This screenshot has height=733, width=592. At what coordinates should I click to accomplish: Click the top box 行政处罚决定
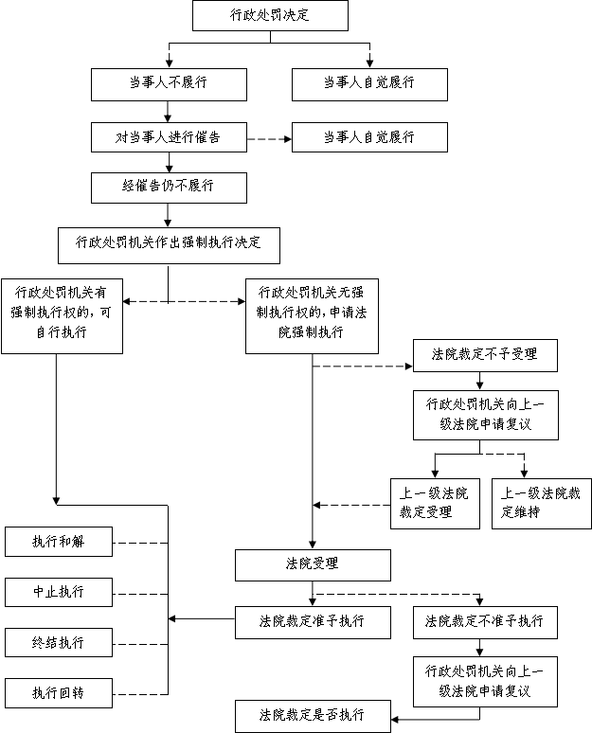(x=270, y=15)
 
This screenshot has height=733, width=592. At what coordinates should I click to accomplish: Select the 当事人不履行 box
(x=169, y=84)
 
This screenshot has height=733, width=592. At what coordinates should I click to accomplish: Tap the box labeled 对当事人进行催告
(x=169, y=137)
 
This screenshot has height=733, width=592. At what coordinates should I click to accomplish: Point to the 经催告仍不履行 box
(x=169, y=188)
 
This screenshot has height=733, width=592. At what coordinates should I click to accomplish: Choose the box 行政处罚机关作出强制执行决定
(x=169, y=245)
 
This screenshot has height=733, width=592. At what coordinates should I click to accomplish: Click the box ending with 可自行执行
(x=63, y=316)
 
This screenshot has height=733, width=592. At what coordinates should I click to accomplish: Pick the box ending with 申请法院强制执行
(x=312, y=316)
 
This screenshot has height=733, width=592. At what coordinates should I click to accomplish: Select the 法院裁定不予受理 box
(x=485, y=355)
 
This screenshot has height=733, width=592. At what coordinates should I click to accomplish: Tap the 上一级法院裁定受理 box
(x=436, y=504)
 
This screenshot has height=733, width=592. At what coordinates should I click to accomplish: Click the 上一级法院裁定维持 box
(x=542, y=504)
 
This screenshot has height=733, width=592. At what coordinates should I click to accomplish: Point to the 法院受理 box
(x=313, y=565)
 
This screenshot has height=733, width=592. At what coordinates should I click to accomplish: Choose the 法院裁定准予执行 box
(x=313, y=623)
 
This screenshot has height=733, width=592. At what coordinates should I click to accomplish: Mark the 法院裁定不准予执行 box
(x=485, y=623)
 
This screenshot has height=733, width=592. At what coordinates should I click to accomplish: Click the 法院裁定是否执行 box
(x=313, y=716)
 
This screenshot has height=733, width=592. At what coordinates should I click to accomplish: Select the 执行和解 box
(x=59, y=542)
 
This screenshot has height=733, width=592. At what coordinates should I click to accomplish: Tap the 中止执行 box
(x=59, y=592)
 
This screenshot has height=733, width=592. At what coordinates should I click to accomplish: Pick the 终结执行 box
(x=59, y=642)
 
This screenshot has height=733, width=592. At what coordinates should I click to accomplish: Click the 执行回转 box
(x=59, y=693)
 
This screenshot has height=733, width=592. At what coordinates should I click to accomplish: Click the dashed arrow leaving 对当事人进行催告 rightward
(x=269, y=139)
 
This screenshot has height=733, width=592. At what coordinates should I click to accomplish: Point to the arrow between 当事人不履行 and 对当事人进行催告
(x=168, y=112)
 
